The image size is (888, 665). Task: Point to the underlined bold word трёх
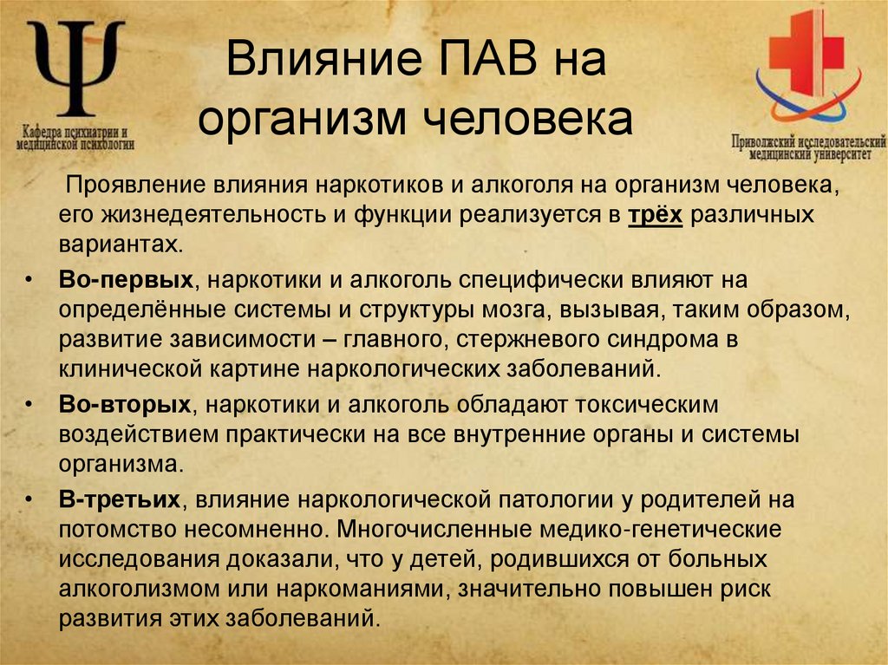656,213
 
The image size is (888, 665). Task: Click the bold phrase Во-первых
125,281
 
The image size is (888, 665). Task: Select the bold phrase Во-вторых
125,405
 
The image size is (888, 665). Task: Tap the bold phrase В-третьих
120,499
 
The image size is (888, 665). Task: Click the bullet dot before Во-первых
30,281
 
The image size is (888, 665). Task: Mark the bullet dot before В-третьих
30,499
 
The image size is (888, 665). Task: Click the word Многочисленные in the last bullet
426,528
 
